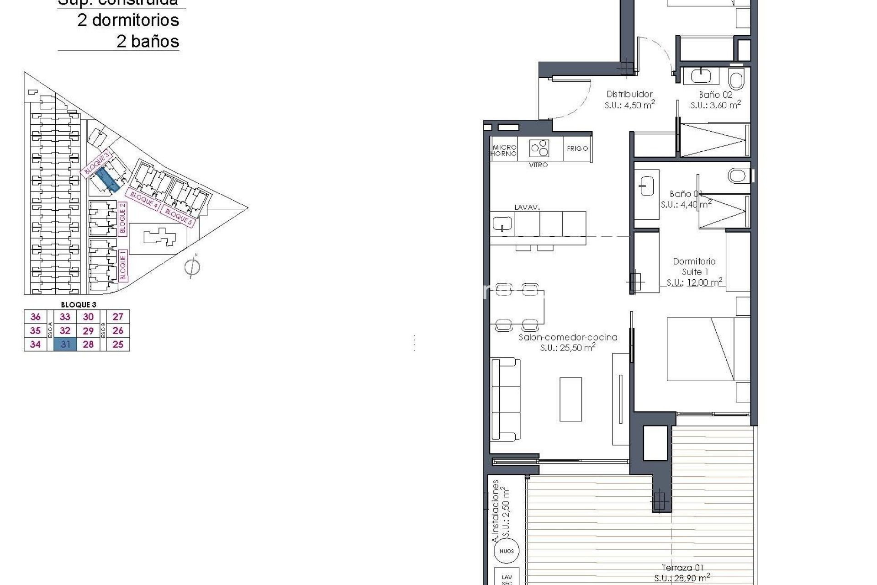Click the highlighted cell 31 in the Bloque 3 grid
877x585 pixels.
pos(65,344)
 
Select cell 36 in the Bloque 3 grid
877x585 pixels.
pos(35,317)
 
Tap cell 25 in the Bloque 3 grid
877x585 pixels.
pos(118,344)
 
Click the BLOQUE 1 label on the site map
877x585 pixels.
pos(122,265)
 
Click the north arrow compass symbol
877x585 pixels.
pos(192,266)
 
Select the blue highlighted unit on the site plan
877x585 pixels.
pos(109,179)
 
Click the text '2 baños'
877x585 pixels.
pos(148,41)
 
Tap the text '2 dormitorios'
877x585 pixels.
pos(128,20)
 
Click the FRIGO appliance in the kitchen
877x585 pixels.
pos(577,149)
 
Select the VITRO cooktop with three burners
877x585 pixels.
pos(539,148)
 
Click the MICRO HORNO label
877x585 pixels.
pos(504,150)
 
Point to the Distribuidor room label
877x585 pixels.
pos(629,94)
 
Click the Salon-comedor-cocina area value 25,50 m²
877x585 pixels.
pos(567,348)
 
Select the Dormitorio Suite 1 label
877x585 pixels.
pos(694,266)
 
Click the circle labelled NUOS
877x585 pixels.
pos(507,551)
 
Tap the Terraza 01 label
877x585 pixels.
pos(682,568)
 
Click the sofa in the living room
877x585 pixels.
pos(506,399)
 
